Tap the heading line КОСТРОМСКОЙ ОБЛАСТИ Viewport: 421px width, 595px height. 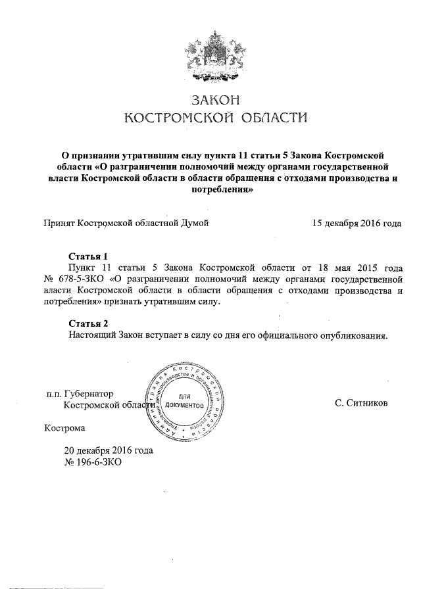[216, 118]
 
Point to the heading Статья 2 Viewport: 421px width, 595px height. [87, 323]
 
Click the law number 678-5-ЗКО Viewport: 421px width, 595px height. [82, 278]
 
